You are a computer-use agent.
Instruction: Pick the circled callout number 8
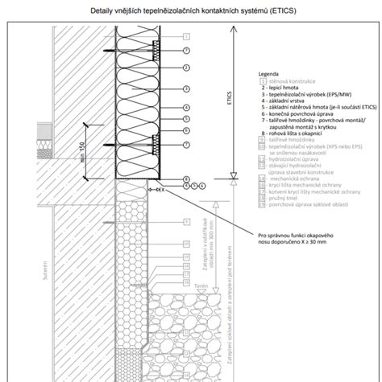(186, 179)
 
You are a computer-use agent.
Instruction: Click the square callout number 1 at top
(186, 36)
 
